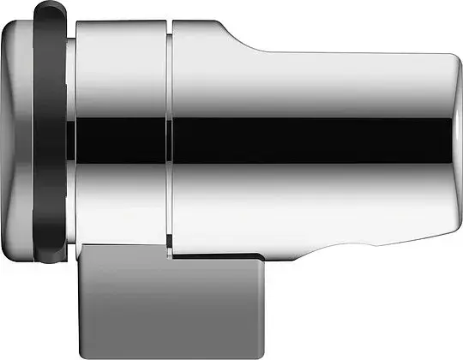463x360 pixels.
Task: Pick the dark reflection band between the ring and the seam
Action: click(120, 137)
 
